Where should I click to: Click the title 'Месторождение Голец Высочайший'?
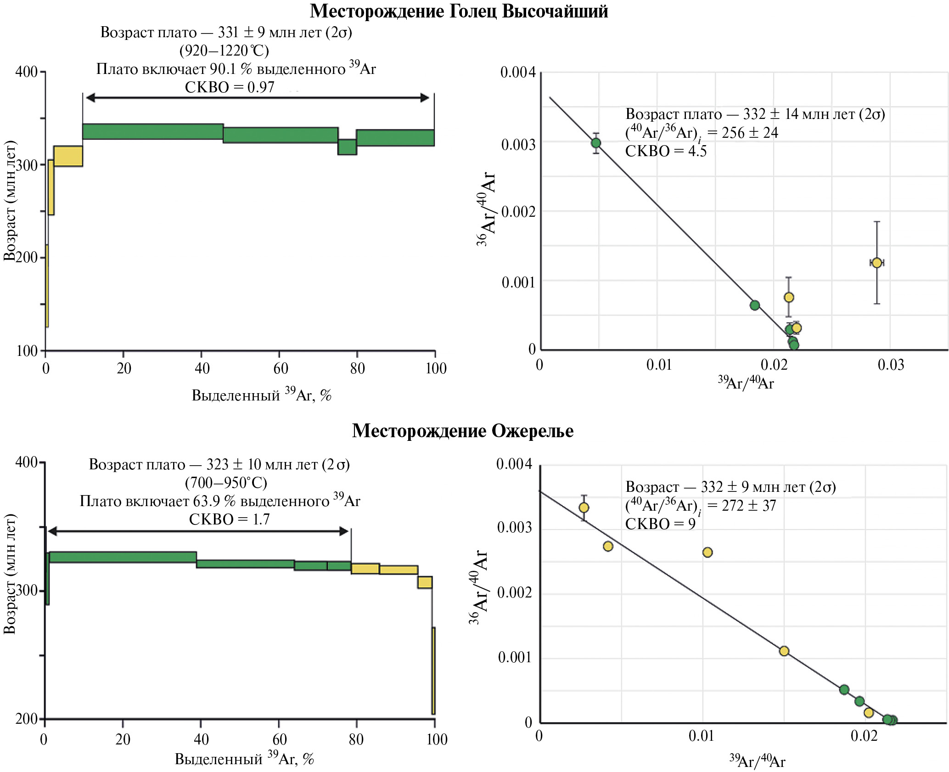pos(459,11)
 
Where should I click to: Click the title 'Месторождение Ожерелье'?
pos(462,431)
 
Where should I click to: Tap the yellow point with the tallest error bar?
pos(876,263)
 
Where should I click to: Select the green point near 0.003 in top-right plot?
pos(596,143)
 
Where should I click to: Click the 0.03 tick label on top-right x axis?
pos(891,365)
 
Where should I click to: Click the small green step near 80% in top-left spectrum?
pos(348,147)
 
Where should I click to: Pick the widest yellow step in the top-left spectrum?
pos(68,156)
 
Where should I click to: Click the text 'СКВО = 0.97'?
pos(230,87)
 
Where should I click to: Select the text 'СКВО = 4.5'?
pos(666,151)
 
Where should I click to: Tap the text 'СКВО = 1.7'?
pos(229,519)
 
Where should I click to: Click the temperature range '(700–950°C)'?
pos(226,483)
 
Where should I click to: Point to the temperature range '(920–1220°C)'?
pos(224,51)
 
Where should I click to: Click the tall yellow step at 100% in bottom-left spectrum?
pos(433,671)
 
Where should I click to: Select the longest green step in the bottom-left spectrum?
pos(123,557)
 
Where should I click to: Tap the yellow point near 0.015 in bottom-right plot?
pos(784,651)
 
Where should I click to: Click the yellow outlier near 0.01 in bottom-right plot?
pos(708,552)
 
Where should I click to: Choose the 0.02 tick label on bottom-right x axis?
pos(864,736)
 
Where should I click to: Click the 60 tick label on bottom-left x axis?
pos(279,739)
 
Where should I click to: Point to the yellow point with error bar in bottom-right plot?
pos(584,507)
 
